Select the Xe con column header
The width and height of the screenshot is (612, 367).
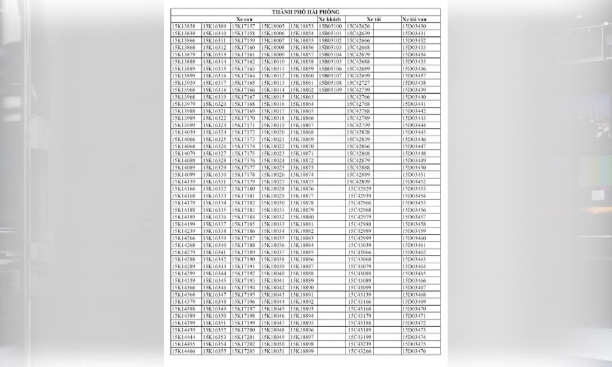tap(244, 19)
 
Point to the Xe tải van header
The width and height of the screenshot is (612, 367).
tap(414, 19)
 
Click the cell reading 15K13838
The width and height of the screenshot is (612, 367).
tap(184, 26)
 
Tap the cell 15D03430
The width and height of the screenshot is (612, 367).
tap(414, 26)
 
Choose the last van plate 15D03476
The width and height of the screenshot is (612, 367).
tap(414, 351)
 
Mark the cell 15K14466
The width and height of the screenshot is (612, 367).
tap(184, 351)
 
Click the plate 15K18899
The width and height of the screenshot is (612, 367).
tap(302, 351)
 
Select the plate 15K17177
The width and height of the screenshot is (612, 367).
tap(244, 168)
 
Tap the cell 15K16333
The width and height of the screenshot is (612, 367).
tap(214, 196)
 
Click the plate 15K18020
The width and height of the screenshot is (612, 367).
tap(273, 133)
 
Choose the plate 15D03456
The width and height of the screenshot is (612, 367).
tap(414, 210)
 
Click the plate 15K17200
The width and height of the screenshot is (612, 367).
tap(244, 330)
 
